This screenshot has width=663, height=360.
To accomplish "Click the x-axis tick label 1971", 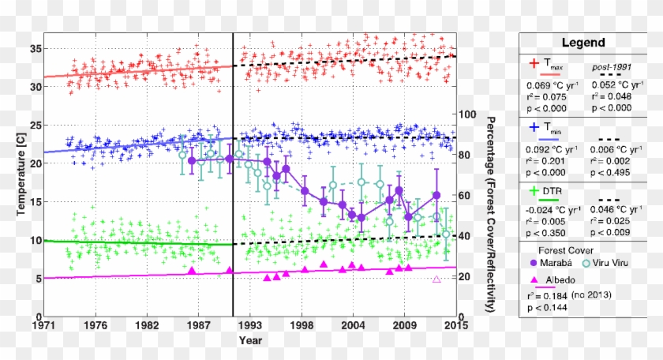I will click(x=43, y=325).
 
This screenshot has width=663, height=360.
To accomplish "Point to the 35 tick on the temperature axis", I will click(x=34, y=48).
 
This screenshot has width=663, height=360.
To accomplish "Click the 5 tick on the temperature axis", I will click(x=36, y=279).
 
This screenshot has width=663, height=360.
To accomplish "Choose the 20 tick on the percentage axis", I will click(x=469, y=276).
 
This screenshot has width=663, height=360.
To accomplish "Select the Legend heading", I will click(x=583, y=43).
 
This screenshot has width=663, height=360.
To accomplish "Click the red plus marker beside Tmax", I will click(x=534, y=63).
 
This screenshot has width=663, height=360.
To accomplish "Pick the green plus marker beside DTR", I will click(x=534, y=190).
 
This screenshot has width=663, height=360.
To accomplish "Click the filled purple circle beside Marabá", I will click(x=533, y=264).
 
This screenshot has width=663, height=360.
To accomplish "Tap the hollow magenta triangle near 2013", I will click(x=436, y=279).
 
